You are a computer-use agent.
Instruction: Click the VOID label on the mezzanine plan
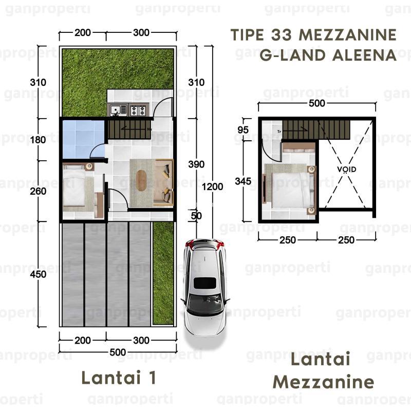click(x=346, y=170)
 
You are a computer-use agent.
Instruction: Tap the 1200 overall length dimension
click(x=212, y=186)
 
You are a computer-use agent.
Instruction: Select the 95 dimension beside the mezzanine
click(x=243, y=130)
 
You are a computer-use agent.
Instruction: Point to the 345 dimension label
click(x=243, y=181)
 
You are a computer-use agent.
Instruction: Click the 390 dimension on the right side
click(x=196, y=164)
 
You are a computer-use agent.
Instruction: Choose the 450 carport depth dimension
click(x=38, y=274)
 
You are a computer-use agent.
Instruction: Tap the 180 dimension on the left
click(x=38, y=140)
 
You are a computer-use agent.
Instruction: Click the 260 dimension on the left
click(x=38, y=191)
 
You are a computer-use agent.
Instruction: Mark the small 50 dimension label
click(x=196, y=216)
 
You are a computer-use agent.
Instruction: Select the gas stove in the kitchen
click(x=138, y=110)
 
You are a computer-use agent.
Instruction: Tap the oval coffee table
click(x=141, y=181)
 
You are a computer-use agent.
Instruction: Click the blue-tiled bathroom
click(x=83, y=139)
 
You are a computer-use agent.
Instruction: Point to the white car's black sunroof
click(x=204, y=283)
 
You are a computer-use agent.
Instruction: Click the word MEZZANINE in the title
click(x=348, y=35)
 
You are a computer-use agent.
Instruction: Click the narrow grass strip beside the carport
click(x=163, y=273)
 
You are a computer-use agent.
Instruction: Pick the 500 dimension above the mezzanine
click(x=316, y=103)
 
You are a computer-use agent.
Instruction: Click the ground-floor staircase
click(x=129, y=129)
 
